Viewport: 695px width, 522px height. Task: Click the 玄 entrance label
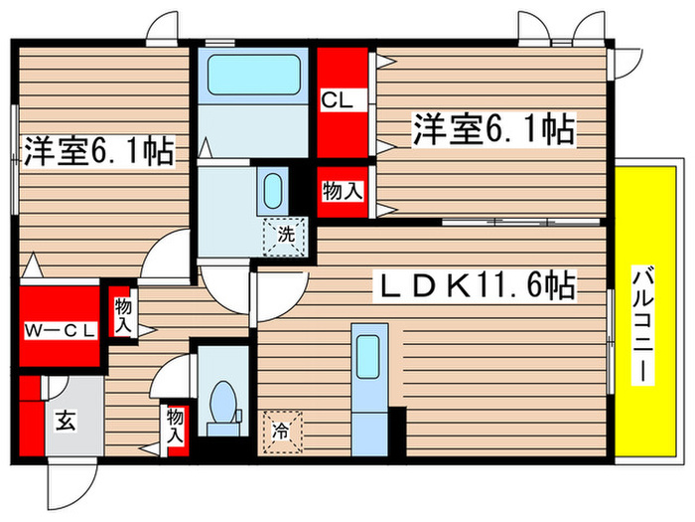tap(65, 422)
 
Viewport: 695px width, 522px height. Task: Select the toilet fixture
tap(223, 408)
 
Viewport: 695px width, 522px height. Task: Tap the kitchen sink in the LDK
tap(367, 353)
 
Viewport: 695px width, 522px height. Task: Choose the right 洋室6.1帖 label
tap(491, 129)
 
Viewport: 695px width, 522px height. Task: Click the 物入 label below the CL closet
tap(343, 191)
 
